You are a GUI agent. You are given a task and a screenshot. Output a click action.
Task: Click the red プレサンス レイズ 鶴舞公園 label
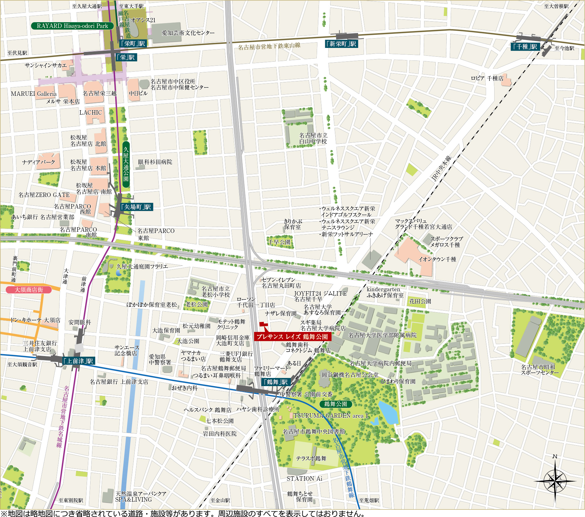[292, 337]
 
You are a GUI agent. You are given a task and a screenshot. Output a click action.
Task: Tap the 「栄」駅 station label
[126, 57]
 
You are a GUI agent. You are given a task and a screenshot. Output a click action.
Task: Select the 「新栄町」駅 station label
[341, 44]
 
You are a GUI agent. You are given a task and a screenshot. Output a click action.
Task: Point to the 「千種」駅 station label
[525, 47]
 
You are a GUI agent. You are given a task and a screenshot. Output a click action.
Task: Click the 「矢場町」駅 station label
[136, 207]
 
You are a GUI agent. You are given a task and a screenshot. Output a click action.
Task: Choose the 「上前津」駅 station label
[78, 361]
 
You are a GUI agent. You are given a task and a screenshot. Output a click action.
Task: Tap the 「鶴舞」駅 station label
[276, 382]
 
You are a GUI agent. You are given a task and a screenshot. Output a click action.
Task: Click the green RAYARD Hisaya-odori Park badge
[72, 26]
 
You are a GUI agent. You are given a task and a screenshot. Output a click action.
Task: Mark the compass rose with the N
[555, 481]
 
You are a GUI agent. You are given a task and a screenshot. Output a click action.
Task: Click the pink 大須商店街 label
[29, 290]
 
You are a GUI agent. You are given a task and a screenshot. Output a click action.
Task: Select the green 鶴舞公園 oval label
[336, 404]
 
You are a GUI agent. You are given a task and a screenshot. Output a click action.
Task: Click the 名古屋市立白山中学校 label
[313, 138]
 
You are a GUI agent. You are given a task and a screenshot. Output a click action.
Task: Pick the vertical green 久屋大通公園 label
[126, 164]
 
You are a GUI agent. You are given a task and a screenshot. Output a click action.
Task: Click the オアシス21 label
[143, 20]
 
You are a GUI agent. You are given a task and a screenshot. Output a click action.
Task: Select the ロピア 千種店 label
[487, 78]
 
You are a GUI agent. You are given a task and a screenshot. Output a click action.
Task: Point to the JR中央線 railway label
[441, 168]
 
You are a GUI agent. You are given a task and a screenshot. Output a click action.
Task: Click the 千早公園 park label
[279, 242]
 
